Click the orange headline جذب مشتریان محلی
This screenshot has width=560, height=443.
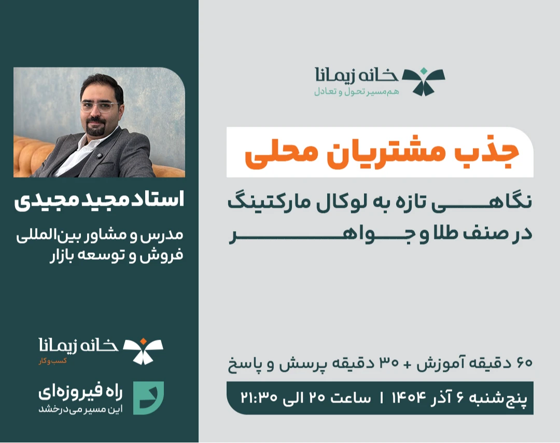381,153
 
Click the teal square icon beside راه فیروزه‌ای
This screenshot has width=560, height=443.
148,398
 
